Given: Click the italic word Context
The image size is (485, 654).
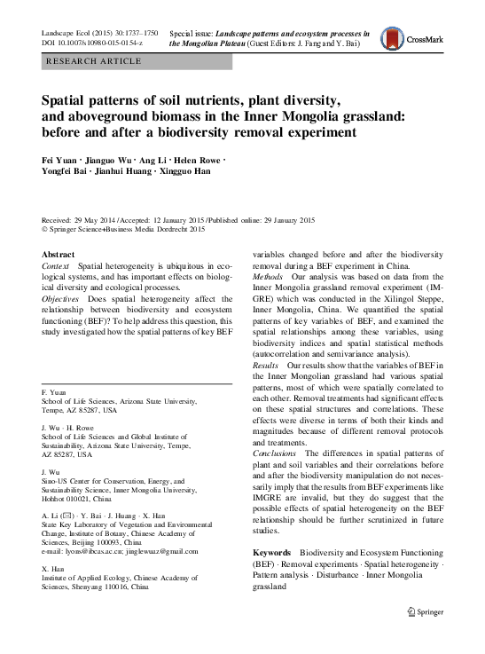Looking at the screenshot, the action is pyautogui.click(x=57, y=265).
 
